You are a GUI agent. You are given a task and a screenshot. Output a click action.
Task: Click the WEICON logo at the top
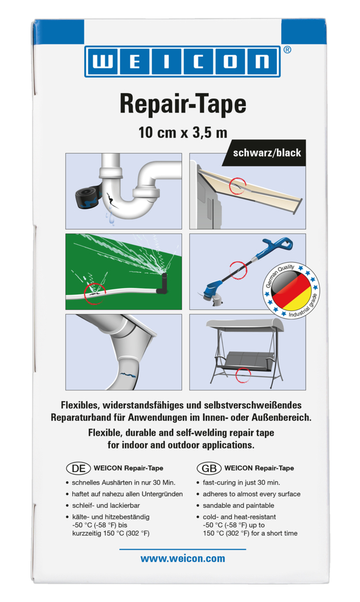tap(183, 62)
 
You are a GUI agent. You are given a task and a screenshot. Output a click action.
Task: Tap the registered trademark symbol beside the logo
tap(287, 50)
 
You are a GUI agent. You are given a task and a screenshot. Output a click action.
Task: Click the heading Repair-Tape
tap(183, 105)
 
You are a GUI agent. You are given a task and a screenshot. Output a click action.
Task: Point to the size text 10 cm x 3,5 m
tap(183, 133)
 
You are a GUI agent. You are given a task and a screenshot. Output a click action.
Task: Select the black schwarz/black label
tap(267, 153)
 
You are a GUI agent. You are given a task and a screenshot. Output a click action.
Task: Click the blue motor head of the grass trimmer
tap(269, 248)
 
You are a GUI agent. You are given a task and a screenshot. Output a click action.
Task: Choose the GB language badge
tap(207, 468)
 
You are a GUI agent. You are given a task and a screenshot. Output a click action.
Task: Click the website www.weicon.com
tap(183, 558)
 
